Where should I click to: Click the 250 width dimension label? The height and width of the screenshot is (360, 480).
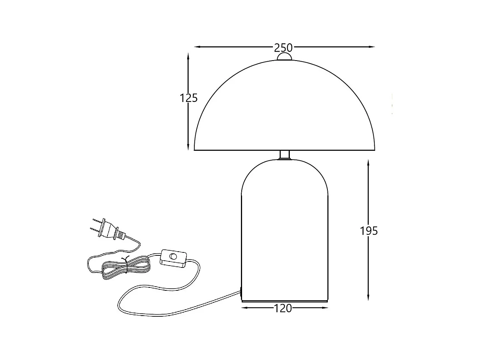[283, 48]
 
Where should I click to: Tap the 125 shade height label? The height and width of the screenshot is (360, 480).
[189, 98]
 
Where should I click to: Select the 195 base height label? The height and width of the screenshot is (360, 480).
[369, 231]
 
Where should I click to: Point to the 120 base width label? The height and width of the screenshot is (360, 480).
[283, 308]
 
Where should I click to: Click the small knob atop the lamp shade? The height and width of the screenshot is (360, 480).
[284, 56]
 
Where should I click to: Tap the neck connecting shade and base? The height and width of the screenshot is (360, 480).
[285, 155]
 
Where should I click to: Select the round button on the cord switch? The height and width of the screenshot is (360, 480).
[173, 257]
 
